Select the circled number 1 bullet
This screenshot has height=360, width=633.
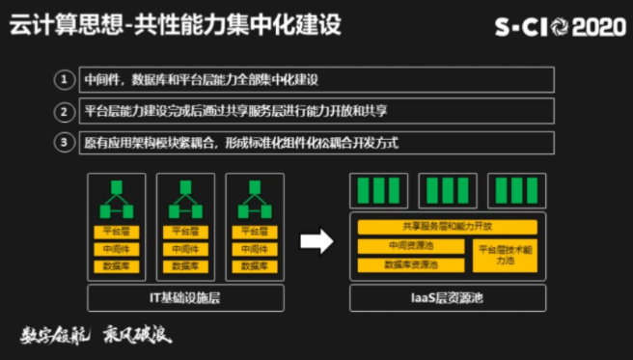65,79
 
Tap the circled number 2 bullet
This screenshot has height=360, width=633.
65,111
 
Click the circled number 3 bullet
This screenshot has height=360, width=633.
65,143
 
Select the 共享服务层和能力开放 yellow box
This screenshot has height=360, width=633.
447,227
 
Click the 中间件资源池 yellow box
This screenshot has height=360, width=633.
411,246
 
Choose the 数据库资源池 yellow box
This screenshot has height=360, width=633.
411,263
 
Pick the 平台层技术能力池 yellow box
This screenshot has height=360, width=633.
506,255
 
